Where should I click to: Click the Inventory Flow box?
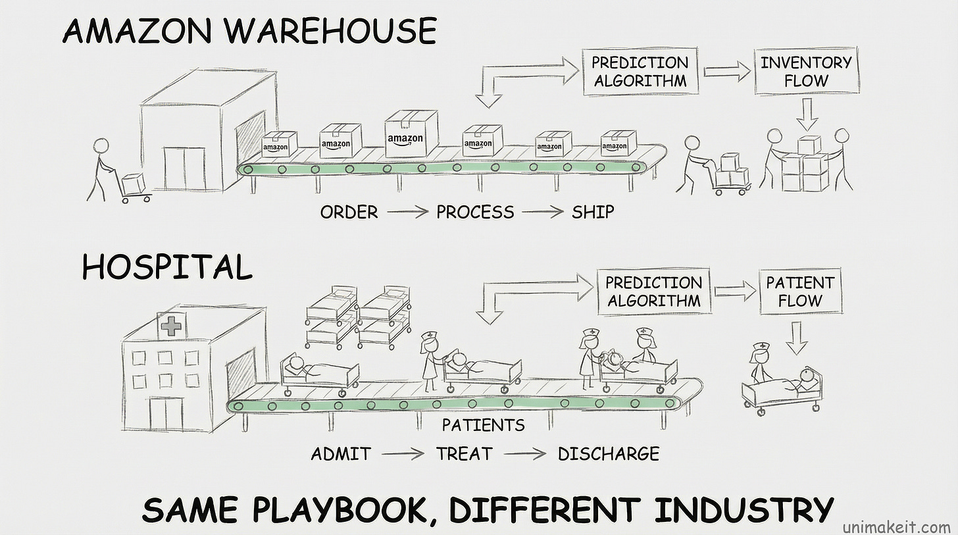point(806,72)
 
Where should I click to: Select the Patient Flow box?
point(800,292)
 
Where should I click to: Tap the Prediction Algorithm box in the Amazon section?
point(640,72)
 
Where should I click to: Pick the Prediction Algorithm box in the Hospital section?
point(653,292)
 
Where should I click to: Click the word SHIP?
point(592,212)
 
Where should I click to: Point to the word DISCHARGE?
point(608,453)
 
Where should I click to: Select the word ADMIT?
point(341,453)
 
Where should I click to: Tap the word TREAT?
point(464,453)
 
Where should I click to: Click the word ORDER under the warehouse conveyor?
point(349,212)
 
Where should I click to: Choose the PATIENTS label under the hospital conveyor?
point(484,425)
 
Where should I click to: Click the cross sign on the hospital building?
point(171,326)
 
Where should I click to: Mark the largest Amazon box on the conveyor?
point(411,134)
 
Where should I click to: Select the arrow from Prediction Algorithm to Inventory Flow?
point(728,72)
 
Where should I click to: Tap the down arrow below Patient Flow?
point(797,337)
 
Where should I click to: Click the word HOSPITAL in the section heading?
point(167,268)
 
